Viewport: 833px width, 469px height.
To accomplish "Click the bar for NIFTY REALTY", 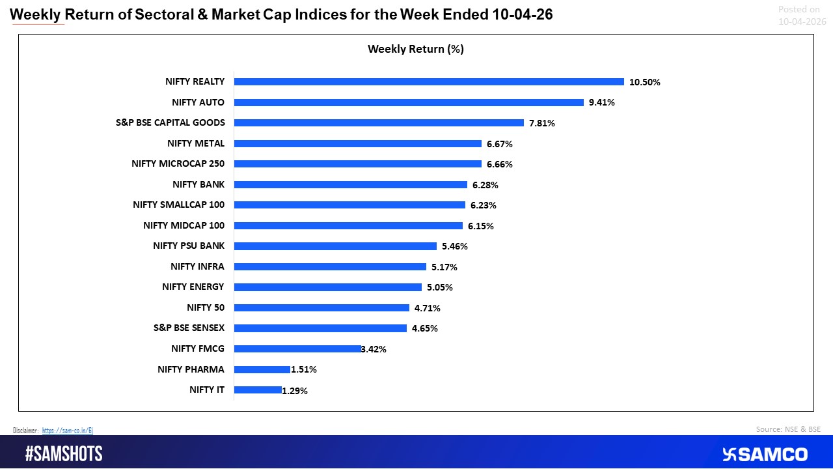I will (x=429, y=82).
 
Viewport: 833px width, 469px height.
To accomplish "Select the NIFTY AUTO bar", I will (x=409, y=102).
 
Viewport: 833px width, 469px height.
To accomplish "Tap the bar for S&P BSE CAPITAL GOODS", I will (x=379, y=122).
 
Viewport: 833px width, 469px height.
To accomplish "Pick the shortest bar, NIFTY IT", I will (x=258, y=390).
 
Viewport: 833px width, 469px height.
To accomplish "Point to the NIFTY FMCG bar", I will (x=297, y=349).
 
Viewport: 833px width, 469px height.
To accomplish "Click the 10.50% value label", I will (x=645, y=82).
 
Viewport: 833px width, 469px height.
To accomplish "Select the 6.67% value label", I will (x=500, y=144).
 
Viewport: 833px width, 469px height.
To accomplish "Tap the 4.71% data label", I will (x=428, y=308).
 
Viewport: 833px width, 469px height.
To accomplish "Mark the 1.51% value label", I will (x=304, y=370).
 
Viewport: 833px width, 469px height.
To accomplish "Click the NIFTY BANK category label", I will (x=198, y=184).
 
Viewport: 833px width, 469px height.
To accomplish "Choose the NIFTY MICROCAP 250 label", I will (x=178, y=163).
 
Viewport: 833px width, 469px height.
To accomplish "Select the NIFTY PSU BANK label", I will (x=189, y=246).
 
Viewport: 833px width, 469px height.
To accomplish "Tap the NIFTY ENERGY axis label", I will (x=193, y=287).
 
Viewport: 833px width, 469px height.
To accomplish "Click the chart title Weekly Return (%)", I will (x=416, y=49).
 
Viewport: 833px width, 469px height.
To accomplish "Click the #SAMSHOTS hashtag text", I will (x=64, y=454).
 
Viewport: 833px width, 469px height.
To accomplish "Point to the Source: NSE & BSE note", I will (x=788, y=429).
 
